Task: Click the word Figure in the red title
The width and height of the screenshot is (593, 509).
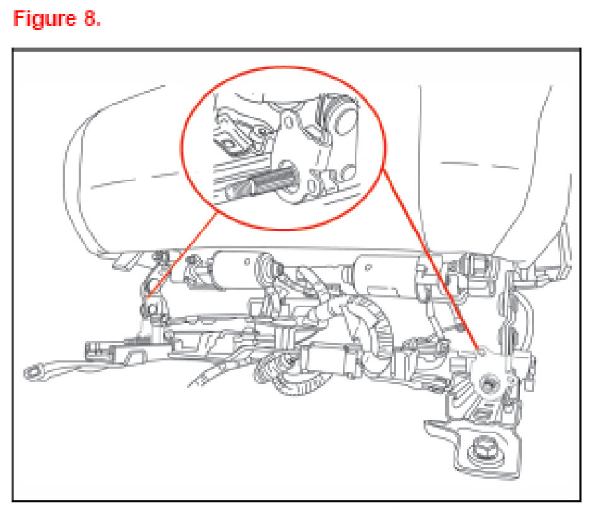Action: coord(45,18)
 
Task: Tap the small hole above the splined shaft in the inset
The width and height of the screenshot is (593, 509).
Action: coord(289,122)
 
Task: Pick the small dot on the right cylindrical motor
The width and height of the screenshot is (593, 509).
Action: coord(368,267)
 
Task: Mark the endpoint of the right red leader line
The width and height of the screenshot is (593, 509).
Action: coord(479,349)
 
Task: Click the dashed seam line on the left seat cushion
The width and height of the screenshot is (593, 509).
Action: coord(134,180)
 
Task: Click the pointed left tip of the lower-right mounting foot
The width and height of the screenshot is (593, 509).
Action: coord(425,422)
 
